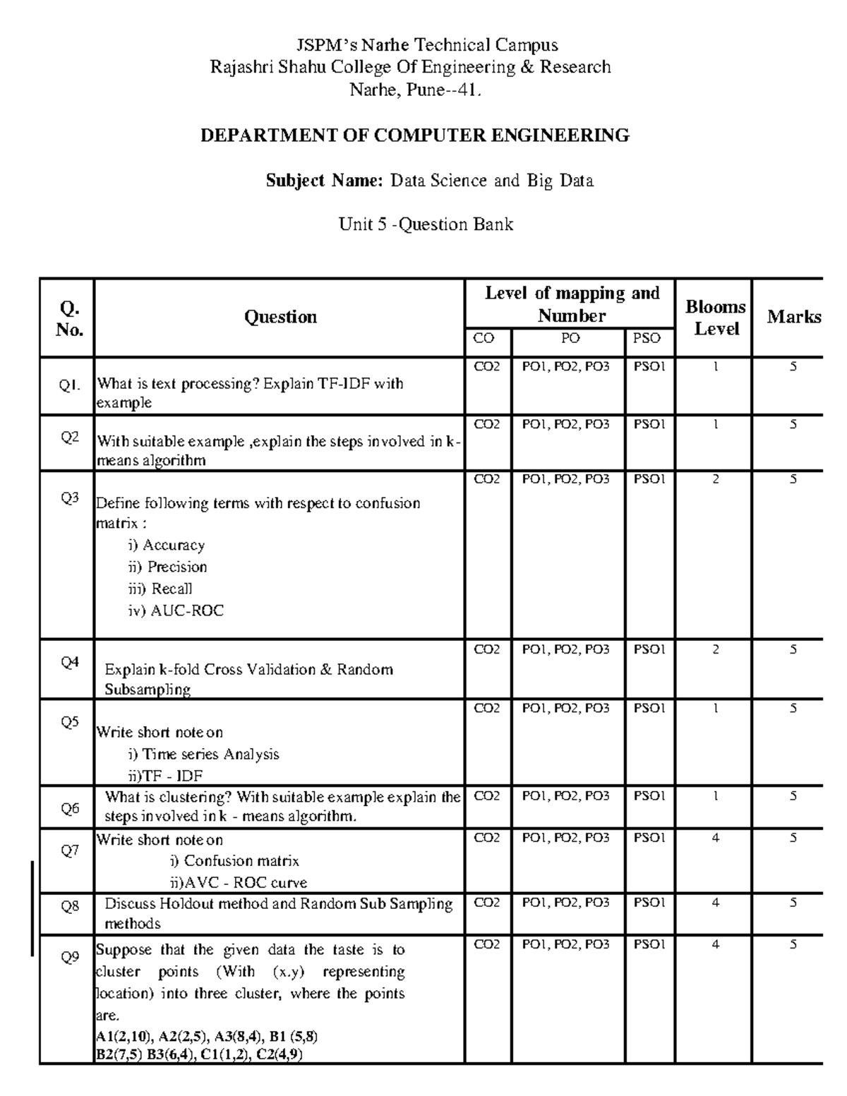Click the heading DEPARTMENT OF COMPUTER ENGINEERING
415,136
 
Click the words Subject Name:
324,181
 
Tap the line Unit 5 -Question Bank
426,224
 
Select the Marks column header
794,317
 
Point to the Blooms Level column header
716,317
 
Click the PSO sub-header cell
647,339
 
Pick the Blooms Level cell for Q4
716,649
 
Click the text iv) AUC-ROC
176,610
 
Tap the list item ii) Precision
167,567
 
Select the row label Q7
70,850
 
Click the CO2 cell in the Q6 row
487,796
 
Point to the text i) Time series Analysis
203,754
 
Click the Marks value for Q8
793,903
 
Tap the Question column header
280,317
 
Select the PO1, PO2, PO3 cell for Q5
565,709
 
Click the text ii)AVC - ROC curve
238,882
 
